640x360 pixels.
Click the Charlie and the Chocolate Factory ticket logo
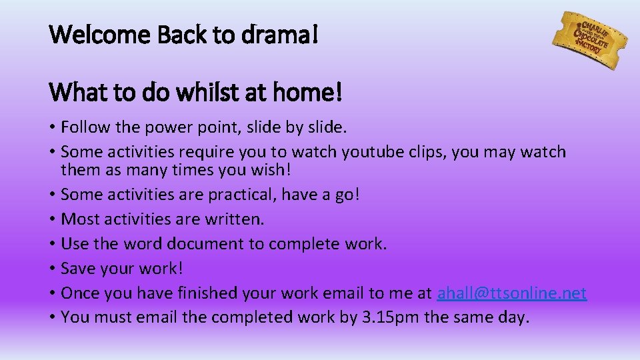[x=589, y=40]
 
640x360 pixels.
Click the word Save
[x=77, y=269]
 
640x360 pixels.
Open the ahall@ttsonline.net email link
[x=511, y=293]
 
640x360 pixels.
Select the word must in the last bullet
[x=109, y=318]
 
